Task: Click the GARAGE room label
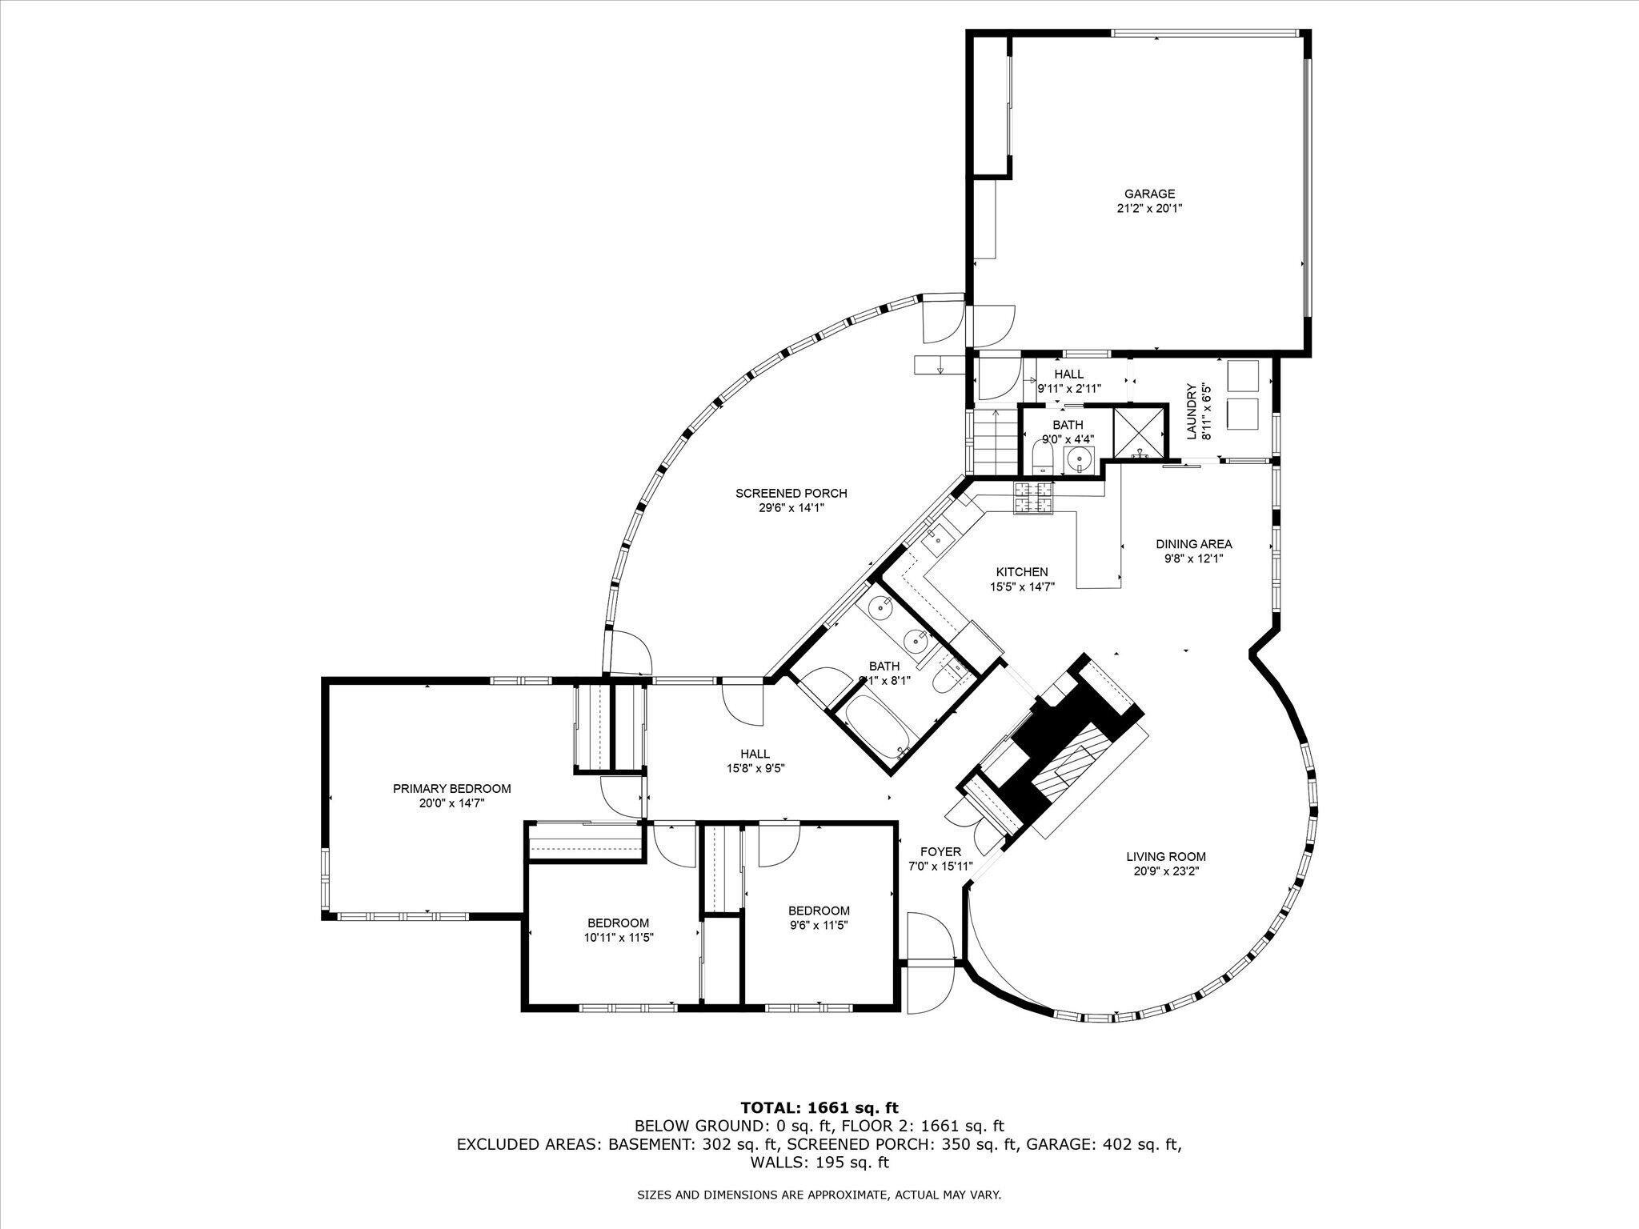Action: (1149, 194)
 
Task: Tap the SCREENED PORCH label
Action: (791, 494)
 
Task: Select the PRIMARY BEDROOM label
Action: (451, 789)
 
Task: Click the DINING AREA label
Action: (1193, 545)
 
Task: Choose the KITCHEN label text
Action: (1022, 572)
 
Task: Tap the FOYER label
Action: (940, 852)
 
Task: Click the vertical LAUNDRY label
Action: (1192, 411)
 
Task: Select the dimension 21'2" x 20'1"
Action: (1149, 208)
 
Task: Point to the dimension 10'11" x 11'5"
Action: (618, 937)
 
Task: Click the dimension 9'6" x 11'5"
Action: (819, 925)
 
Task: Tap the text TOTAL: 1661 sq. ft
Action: (819, 1108)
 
